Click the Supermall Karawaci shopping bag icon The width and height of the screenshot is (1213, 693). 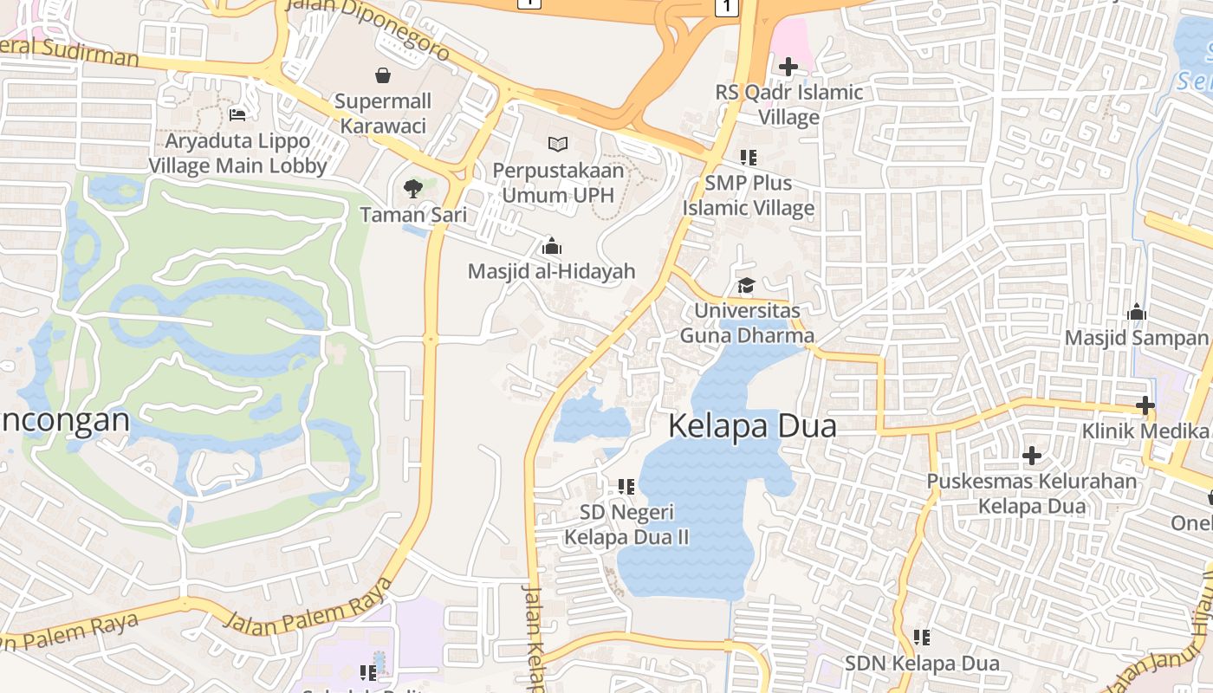point(382,75)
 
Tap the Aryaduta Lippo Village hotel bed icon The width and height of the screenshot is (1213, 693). point(237,114)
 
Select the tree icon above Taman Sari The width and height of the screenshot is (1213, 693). point(413,188)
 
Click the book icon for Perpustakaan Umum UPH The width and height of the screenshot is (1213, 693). point(558,144)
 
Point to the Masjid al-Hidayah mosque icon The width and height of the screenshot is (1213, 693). point(551,246)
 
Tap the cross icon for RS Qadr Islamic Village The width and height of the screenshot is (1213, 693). point(788,66)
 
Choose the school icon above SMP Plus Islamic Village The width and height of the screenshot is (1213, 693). point(748,158)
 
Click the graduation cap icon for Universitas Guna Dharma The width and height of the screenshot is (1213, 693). point(746,285)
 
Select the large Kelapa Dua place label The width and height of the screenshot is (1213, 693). point(753,426)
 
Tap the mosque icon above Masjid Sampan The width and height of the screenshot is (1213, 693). point(1136,312)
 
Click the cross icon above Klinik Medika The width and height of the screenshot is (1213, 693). point(1145,405)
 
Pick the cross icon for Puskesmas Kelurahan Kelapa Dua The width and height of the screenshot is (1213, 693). point(1031,455)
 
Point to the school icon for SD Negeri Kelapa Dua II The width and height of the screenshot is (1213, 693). point(626,487)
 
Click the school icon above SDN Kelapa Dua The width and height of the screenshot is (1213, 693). point(922,638)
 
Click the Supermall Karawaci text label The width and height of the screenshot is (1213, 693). point(382,113)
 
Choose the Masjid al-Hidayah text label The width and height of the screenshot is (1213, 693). point(551,271)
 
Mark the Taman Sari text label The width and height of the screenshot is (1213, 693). point(413,215)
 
